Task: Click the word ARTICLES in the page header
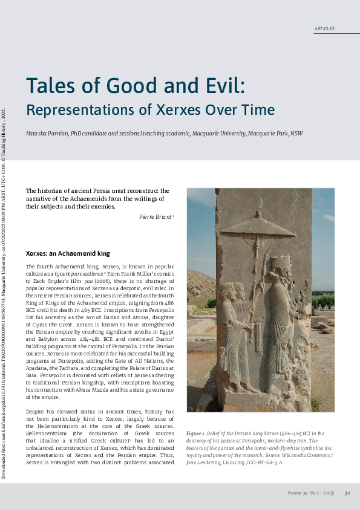324,29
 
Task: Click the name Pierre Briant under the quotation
150,216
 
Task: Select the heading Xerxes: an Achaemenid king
67,253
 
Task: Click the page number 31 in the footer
347,493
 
